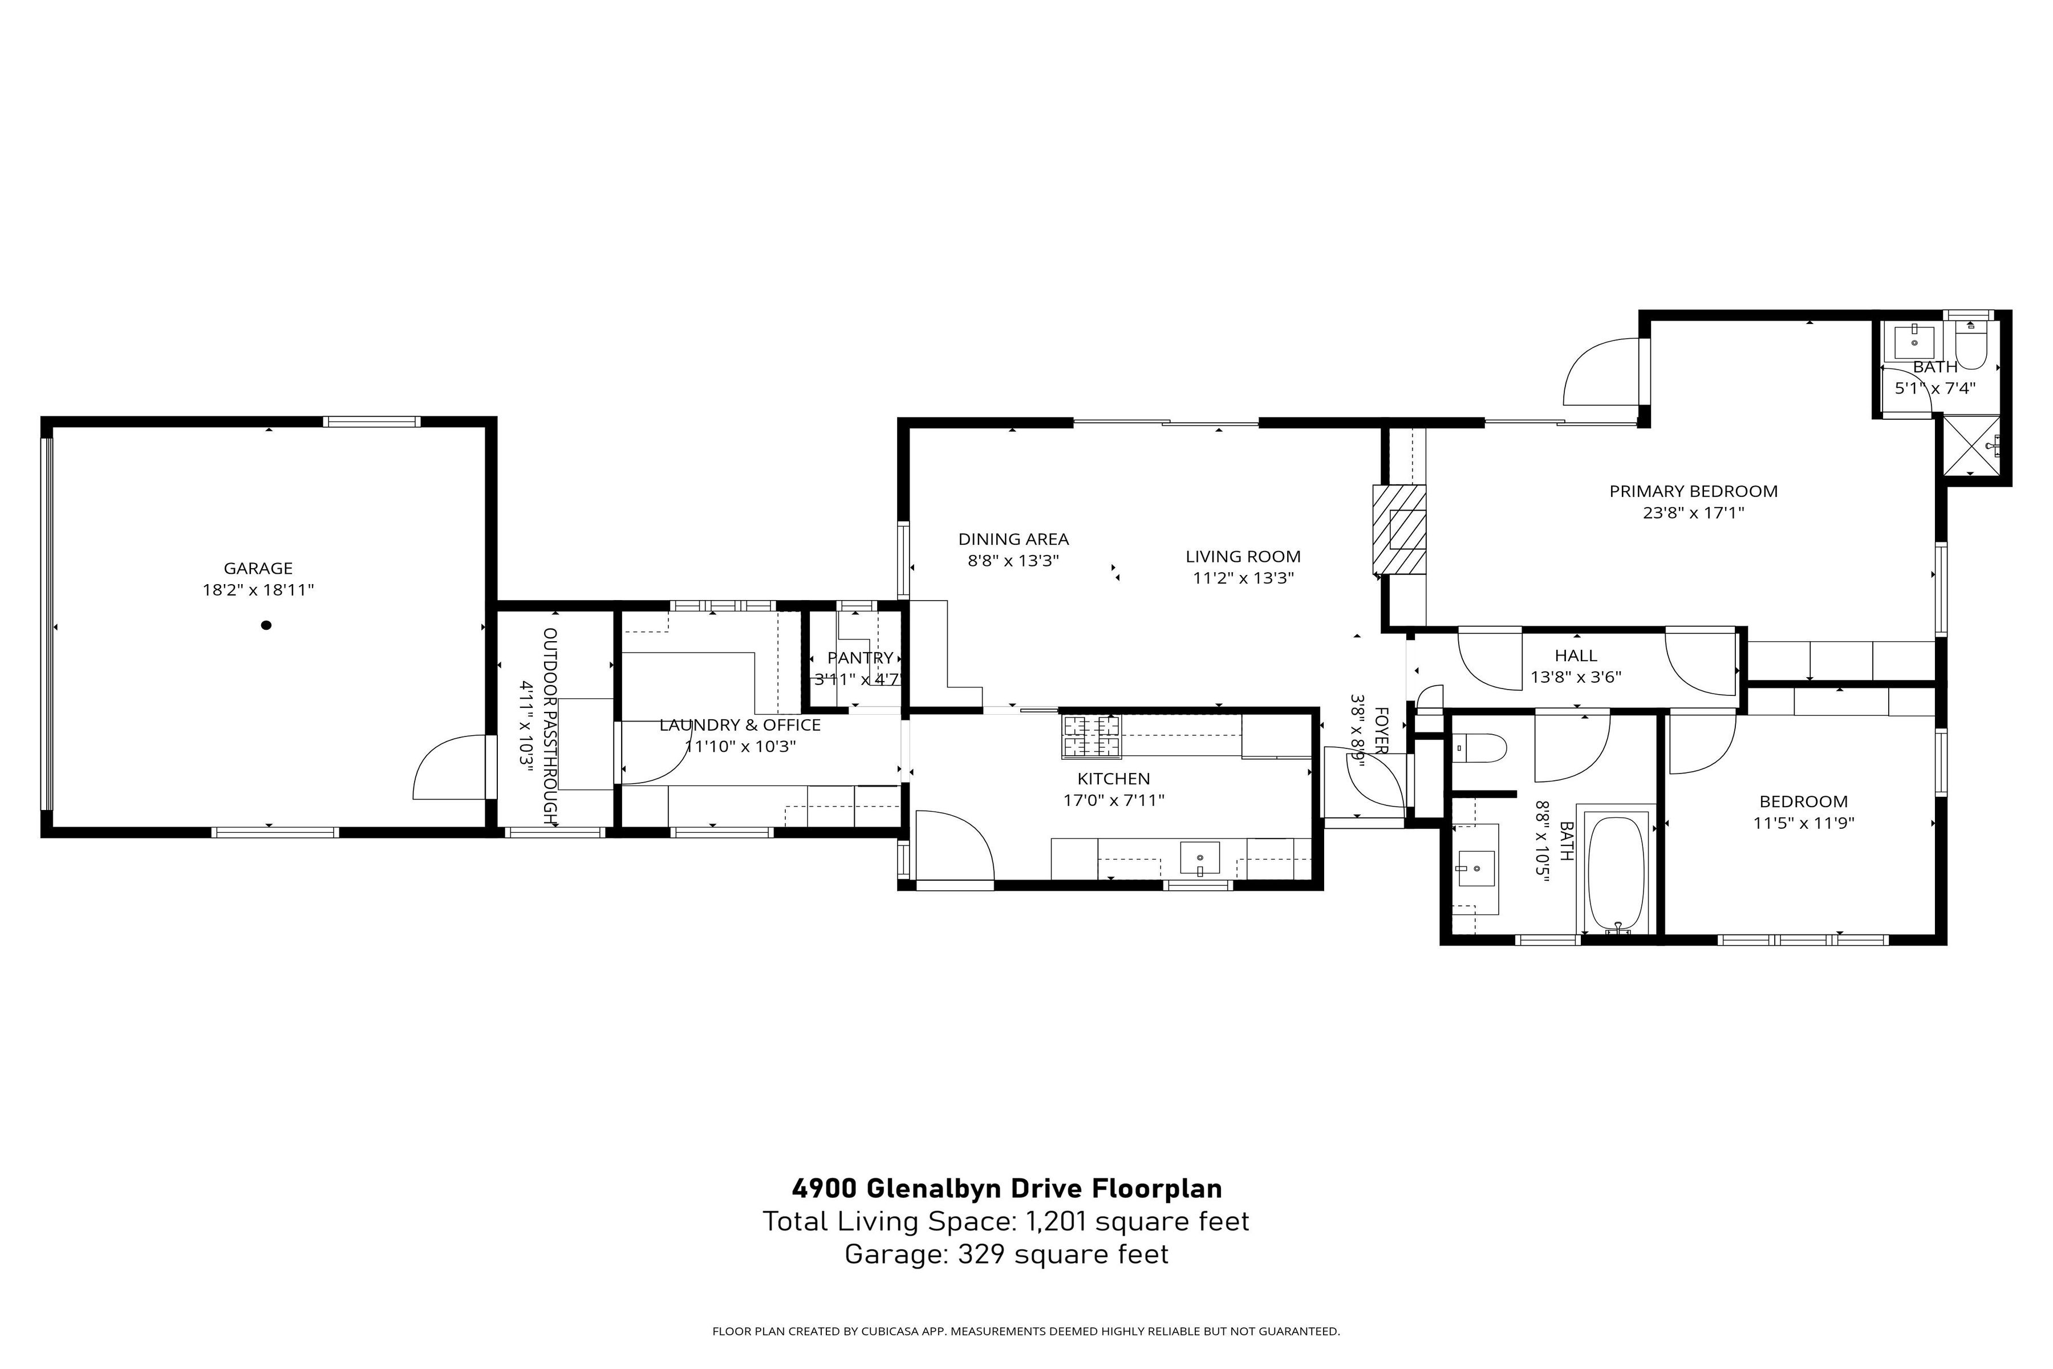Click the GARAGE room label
point(258,568)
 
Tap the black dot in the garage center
point(266,625)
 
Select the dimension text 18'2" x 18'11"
point(258,590)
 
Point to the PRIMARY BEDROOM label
point(1693,492)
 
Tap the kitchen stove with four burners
point(1090,735)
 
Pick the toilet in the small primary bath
point(1971,346)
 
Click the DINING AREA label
point(1013,540)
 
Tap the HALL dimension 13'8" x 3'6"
point(1576,677)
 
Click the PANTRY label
point(860,658)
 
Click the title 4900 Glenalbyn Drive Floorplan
point(1007,1188)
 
